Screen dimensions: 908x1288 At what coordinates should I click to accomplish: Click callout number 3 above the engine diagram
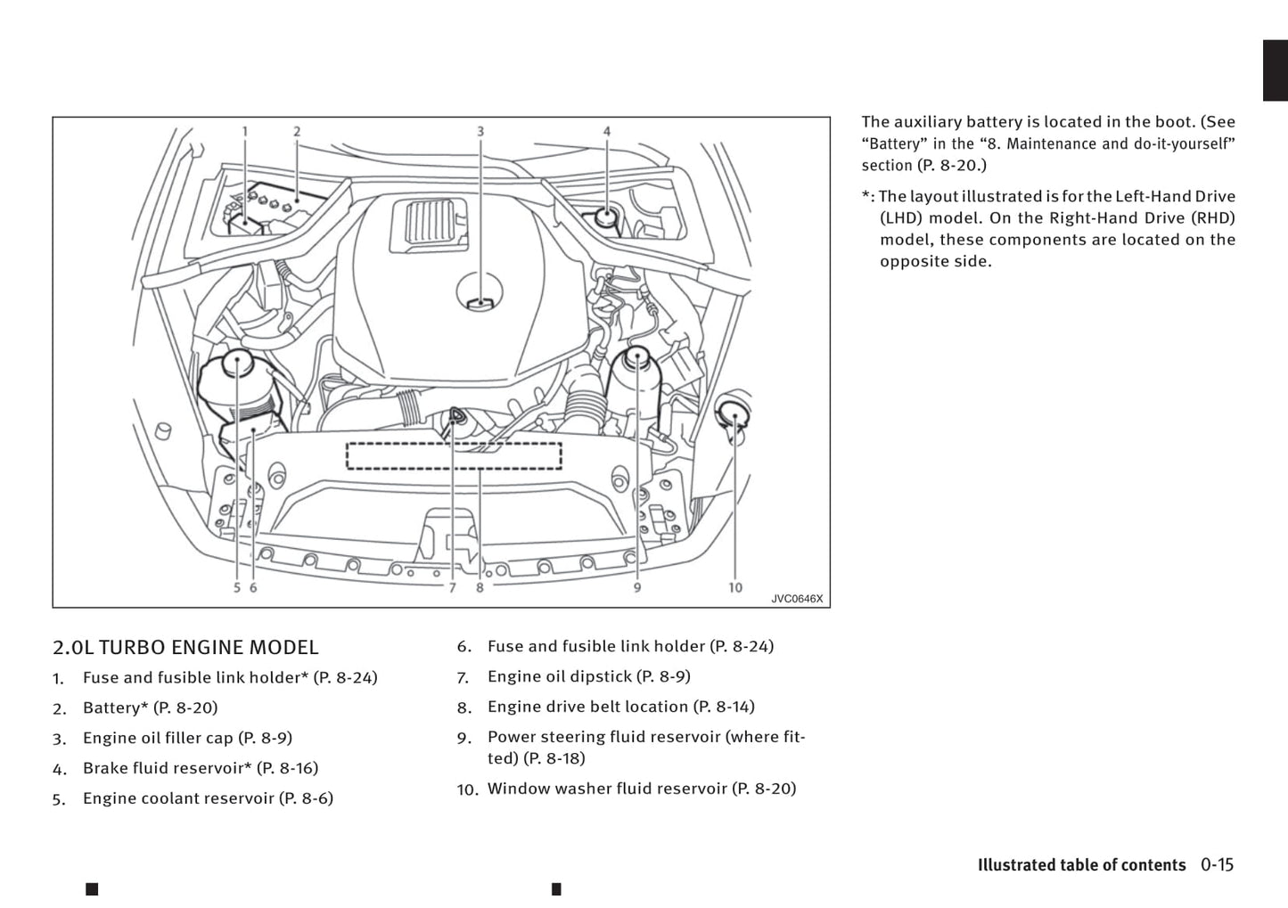pyautogui.click(x=480, y=132)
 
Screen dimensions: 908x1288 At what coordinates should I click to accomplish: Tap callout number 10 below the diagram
pyautogui.click(x=734, y=587)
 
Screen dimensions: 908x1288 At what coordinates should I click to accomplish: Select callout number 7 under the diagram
pyautogui.click(x=452, y=588)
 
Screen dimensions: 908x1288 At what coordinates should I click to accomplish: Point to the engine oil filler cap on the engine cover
pyautogui.click(x=480, y=293)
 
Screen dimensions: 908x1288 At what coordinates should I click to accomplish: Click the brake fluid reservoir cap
pyautogui.click(x=606, y=216)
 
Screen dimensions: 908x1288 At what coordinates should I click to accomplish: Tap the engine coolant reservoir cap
pyautogui.click(x=237, y=364)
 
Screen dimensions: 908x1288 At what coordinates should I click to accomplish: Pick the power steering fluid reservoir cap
pyautogui.click(x=637, y=358)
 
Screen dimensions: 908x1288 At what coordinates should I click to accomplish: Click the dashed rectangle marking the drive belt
pyautogui.click(x=454, y=455)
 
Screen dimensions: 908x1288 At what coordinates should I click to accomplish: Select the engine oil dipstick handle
pyautogui.click(x=455, y=415)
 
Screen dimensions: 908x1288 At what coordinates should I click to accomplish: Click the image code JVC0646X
pyautogui.click(x=797, y=599)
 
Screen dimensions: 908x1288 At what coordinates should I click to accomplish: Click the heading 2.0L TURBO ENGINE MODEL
pyautogui.click(x=185, y=648)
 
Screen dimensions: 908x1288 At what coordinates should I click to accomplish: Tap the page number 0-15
pyautogui.click(x=1217, y=864)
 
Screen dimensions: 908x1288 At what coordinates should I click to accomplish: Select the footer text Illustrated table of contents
pyautogui.click(x=1081, y=865)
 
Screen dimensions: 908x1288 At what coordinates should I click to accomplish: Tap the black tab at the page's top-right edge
pyautogui.click(x=1275, y=70)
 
